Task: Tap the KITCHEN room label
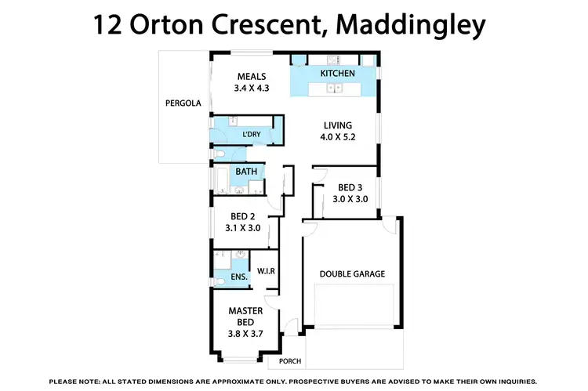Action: coord(338,74)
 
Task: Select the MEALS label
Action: coord(251,76)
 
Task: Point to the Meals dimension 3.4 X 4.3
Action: coord(251,89)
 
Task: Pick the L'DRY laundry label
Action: coord(252,134)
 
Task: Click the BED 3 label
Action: coord(350,188)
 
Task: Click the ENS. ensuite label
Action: coord(238,277)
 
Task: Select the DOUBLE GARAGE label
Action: coord(352,274)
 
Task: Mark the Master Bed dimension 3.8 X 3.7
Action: coord(245,334)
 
